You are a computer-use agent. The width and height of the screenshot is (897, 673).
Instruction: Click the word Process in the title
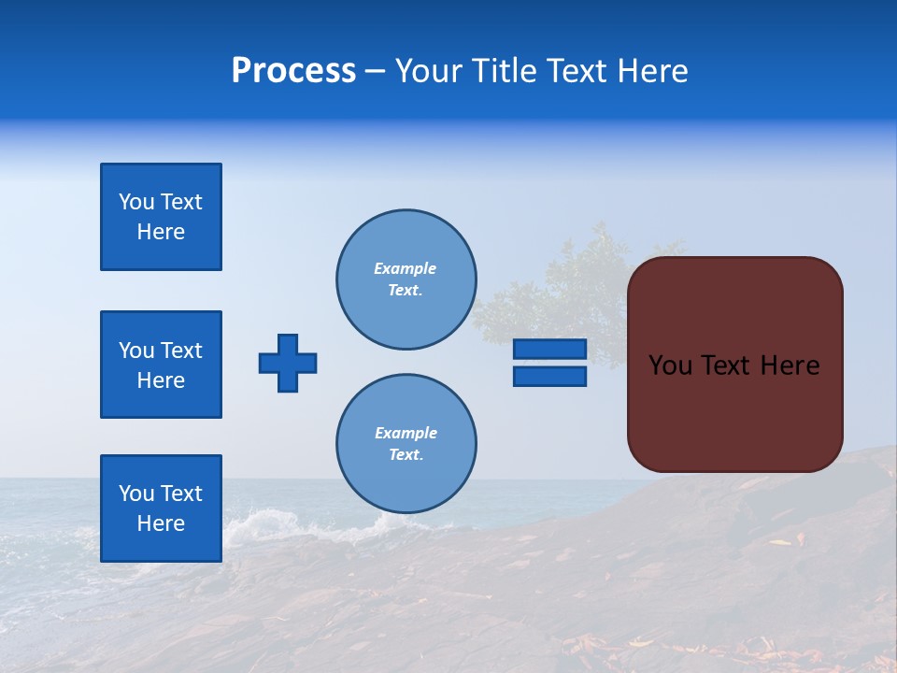293,71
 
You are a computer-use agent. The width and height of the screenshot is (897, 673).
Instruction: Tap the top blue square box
161,217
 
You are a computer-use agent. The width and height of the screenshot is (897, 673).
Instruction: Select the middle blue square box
161,365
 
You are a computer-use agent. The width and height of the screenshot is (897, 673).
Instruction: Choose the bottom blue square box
161,508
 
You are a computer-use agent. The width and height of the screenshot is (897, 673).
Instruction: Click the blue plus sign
288,363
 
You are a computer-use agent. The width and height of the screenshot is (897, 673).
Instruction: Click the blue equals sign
549,363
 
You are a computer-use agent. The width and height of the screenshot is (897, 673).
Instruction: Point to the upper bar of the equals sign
549,350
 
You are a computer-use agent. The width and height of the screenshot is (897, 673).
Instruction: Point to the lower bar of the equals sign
549,376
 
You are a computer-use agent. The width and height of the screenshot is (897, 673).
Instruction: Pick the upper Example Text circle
406,279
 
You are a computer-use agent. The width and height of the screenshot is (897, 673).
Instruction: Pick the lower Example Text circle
406,444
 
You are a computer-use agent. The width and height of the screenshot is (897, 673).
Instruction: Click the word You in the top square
136,202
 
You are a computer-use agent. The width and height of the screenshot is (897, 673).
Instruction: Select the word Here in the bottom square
161,523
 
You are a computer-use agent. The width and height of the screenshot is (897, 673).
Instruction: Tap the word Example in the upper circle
406,268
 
